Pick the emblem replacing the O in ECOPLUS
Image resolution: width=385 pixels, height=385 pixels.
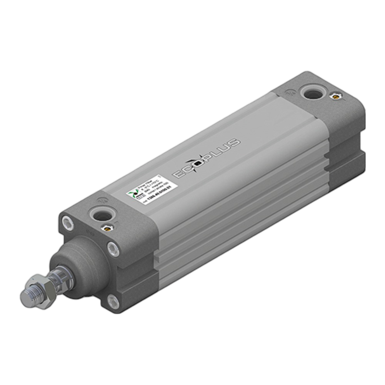(197, 163)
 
